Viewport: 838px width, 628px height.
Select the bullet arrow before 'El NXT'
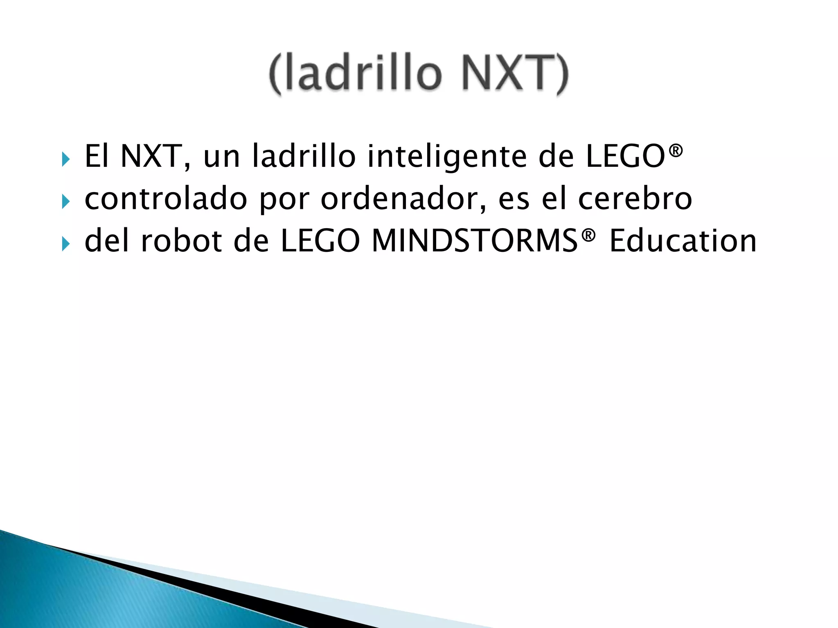(x=66, y=159)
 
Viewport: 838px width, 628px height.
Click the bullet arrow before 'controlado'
(x=66, y=201)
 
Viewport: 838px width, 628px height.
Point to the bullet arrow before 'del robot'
(x=66, y=244)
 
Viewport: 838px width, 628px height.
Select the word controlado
(x=166, y=199)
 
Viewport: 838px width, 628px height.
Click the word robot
(x=181, y=241)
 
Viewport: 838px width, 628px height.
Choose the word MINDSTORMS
(x=475, y=241)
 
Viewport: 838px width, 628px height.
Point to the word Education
(x=683, y=241)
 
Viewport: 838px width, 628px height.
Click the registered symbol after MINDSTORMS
(x=588, y=235)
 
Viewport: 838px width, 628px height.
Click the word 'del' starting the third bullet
(x=106, y=241)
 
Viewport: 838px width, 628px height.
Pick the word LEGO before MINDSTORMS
(x=320, y=241)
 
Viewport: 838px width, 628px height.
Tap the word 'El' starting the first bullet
(x=97, y=157)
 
